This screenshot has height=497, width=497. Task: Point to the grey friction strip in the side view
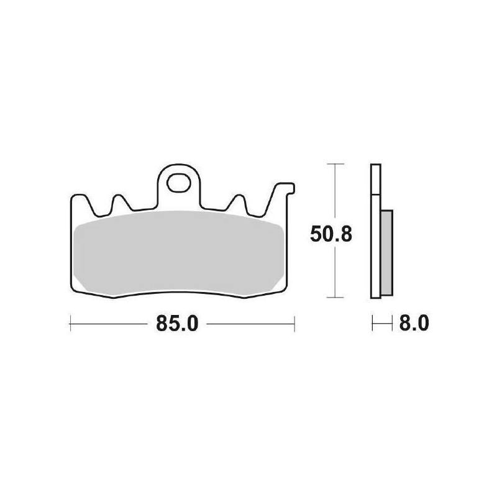tap(385, 251)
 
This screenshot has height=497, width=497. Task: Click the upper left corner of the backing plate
tap(72, 195)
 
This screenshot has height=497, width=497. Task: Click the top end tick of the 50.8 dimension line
tap(335, 164)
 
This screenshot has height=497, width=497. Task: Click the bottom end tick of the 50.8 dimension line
tap(335, 298)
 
